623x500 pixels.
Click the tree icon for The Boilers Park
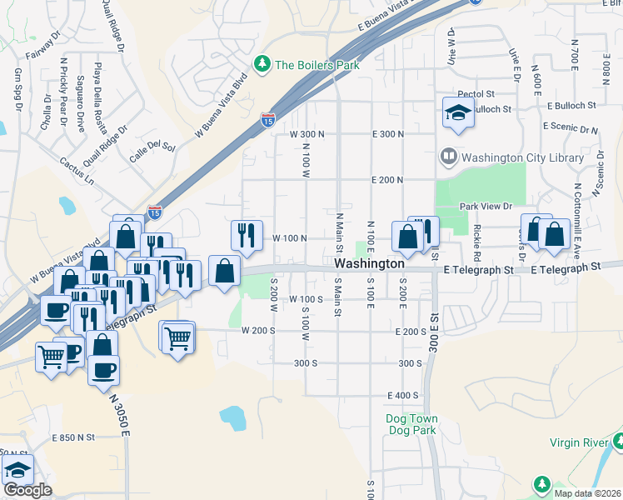click(x=263, y=63)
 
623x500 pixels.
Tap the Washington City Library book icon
click(x=448, y=157)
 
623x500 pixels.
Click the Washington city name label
click(x=369, y=263)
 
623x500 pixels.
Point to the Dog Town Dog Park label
click(x=411, y=424)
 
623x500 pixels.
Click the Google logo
click(x=27, y=490)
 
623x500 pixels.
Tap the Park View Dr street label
click(x=485, y=207)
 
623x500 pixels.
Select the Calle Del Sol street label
click(x=152, y=148)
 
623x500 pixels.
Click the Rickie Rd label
click(x=478, y=238)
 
